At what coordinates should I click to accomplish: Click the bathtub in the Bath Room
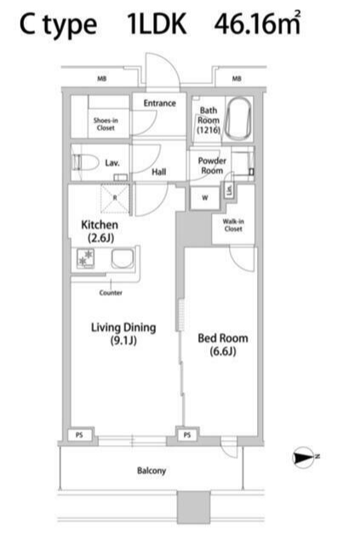coord(239,119)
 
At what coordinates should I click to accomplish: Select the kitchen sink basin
coord(123,259)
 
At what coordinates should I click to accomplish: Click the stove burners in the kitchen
coord(86,259)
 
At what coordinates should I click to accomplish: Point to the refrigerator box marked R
coord(115,198)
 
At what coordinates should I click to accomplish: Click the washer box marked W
coord(205,197)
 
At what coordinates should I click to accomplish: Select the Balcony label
coord(151,471)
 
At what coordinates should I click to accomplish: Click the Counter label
coord(111,293)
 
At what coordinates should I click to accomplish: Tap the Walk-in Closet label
coord(233,225)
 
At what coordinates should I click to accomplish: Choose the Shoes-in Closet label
coord(106,124)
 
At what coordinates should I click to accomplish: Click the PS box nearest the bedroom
coord(187,435)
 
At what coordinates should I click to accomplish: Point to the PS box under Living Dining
coord(79,435)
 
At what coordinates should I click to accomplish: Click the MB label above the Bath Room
coord(237,79)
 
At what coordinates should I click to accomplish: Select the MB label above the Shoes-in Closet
coord(102,79)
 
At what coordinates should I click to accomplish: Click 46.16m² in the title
coord(258,23)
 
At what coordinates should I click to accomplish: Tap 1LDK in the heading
coord(157,24)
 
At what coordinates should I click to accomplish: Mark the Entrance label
coord(160,103)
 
